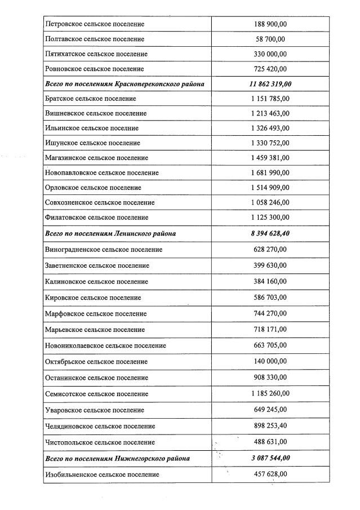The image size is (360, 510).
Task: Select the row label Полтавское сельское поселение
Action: tap(95, 39)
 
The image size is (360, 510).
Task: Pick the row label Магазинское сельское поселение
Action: tap(96, 158)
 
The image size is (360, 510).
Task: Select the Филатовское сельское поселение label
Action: tap(96, 218)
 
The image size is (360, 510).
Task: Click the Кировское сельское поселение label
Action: tap(93, 298)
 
